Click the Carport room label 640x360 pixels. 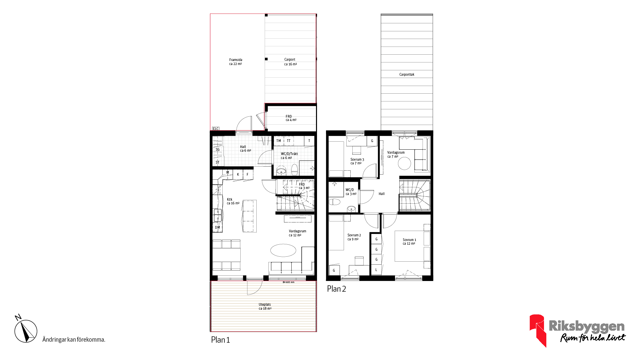pos(290,62)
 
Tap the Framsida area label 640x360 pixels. pos(236,62)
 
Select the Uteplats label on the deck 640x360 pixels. pos(265,306)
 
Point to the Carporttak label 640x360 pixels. pos(407,74)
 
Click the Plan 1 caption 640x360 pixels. pos(220,340)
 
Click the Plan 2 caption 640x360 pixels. pos(336,289)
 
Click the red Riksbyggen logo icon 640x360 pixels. pos(537,330)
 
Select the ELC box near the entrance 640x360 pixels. pos(216,129)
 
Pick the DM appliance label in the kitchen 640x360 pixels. pos(217,228)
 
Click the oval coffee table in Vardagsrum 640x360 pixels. pos(283,250)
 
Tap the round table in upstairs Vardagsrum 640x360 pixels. pos(404,163)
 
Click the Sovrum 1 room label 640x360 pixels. pos(409,242)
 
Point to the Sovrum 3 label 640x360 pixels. pos(357,161)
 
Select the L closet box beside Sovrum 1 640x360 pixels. pos(376,270)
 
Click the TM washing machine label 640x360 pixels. pos(279,141)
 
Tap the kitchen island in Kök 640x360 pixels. pos(249,216)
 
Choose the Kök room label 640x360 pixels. pos(233,201)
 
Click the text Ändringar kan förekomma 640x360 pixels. pos(74,340)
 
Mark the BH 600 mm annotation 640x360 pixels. pos(289,282)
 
